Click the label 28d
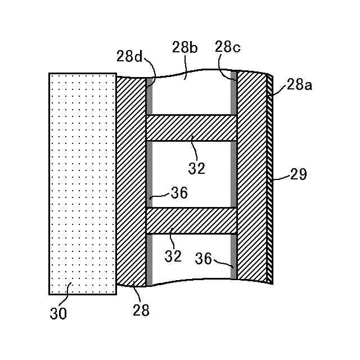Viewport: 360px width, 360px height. click(130, 56)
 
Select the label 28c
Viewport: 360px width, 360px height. click(228, 48)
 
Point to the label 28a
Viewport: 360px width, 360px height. click(300, 85)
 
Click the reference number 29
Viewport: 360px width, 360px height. click(298, 174)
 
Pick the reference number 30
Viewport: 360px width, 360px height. click(58, 313)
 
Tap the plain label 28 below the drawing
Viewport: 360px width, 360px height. click(141, 310)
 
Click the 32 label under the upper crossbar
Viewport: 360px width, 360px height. click(197, 167)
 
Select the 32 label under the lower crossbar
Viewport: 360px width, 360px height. click(174, 256)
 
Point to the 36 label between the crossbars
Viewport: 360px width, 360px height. click(179, 193)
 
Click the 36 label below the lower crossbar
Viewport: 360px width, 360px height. click(204, 258)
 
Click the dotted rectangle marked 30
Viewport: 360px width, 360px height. click(82, 183)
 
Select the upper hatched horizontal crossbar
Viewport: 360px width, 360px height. click(191, 128)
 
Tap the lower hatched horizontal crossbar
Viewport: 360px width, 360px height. click(191, 220)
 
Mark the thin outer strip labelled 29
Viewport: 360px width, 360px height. click(269, 180)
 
